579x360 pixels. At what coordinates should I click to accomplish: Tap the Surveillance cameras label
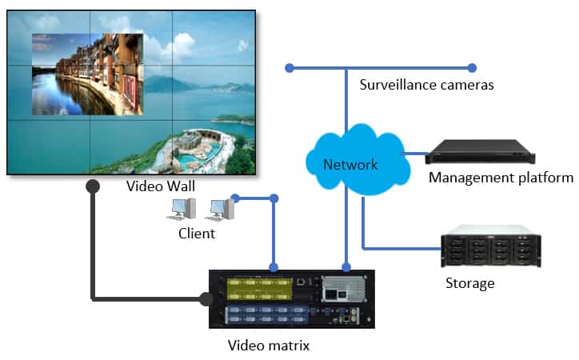point(426,84)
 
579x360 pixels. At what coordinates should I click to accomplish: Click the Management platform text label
point(501,178)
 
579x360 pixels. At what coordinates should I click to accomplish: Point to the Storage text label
point(470,283)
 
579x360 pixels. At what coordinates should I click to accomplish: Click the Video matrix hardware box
point(291,298)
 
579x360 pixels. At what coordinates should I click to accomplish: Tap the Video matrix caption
point(269,346)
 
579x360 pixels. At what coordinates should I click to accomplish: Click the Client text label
point(197,234)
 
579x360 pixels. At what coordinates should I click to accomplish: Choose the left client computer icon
point(182,210)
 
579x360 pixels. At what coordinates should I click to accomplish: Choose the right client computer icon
point(222,210)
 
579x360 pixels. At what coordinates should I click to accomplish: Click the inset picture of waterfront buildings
point(87,74)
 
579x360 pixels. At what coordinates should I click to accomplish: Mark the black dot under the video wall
point(93,186)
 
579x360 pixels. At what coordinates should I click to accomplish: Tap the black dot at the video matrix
point(206,299)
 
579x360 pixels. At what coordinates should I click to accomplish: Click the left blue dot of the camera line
point(289,67)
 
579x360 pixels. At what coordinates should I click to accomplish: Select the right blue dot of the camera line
point(472,67)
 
